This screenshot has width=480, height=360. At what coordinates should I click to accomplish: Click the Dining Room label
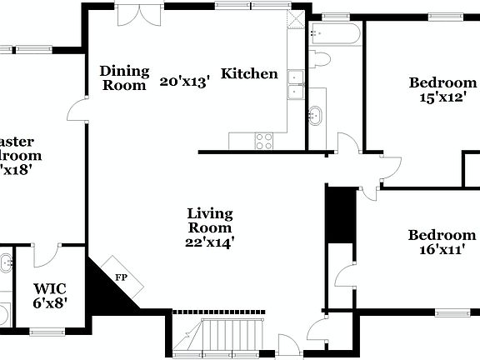[x=124, y=77]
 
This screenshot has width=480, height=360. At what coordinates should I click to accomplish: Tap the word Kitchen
[x=249, y=73]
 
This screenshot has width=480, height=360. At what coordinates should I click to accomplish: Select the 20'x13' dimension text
[x=185, y=81]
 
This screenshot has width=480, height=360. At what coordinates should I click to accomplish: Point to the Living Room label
[x=209, y=220]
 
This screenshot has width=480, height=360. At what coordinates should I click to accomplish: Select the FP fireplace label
[x=121, y=277]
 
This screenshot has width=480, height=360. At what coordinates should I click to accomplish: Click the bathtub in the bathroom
[x=335, y=34]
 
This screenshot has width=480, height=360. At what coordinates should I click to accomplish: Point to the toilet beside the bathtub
[x=319, y=59]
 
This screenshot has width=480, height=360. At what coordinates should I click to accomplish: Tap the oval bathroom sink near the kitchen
[x=317, y=115]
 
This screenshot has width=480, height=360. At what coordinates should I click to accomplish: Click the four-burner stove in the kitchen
[x=263, y=141]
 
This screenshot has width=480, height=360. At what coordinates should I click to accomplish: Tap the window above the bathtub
[x=335, y=16]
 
